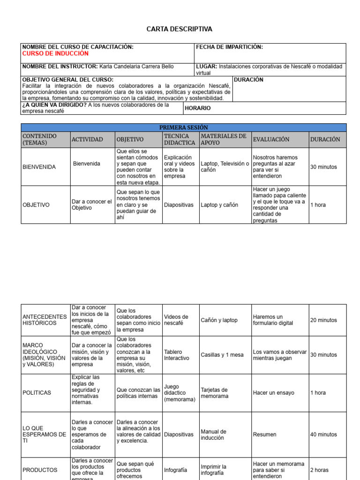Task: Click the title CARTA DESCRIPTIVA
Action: tap(180, 29)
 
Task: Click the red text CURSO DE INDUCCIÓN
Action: tap(55, 53)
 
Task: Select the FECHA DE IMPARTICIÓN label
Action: tap(229, 47)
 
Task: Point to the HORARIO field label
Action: tap(198, 108)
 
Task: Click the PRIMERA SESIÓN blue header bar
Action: tap(184, 127)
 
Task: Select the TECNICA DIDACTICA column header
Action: tap(180, 139)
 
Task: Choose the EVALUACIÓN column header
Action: tap(271, 139)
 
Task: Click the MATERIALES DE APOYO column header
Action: tap(224, 139)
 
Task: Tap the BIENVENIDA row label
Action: tap(39, 167)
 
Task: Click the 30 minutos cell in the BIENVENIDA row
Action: tap(323, 167)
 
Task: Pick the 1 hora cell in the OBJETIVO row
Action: tap(318, 205)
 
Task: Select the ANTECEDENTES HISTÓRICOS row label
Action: tap(45, 320)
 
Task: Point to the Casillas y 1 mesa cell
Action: tap(222, 355)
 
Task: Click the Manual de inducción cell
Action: tap(214, 435)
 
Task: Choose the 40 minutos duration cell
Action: tap(323, 435)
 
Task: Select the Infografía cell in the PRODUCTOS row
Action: tap(175, 470)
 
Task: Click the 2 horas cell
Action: tap(319, 470)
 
